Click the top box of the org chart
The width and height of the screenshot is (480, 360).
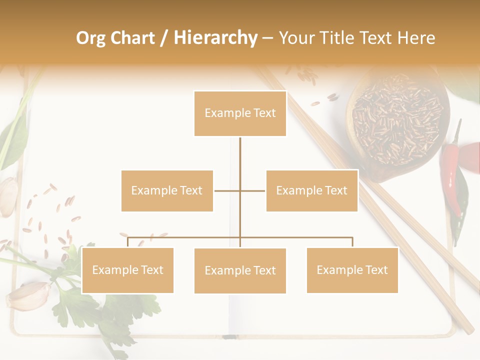point(240,113)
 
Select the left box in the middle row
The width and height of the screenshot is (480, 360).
point(167,190)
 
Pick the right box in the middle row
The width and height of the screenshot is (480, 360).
point(311,190)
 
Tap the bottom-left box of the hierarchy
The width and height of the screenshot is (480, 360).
point(127,270)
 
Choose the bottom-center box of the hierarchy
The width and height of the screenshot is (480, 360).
point(240,270)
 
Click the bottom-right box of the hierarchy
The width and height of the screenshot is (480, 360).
point(352,270)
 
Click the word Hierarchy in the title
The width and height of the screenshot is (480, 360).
point(215,38)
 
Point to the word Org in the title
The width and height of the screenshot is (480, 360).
point(92,38)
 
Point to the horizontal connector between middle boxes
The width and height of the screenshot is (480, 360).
point(240,190)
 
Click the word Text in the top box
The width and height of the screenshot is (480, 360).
point(264,113)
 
